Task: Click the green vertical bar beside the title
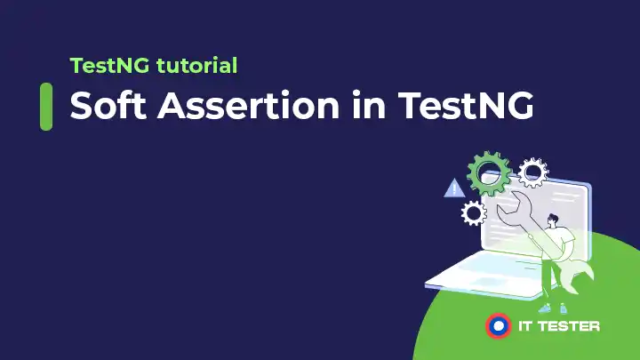(46, 106)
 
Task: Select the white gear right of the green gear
(533, 172)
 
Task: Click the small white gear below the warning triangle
(473, 212)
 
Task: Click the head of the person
(554, 219)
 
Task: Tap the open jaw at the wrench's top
(508, 214)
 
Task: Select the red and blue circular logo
(500, 325)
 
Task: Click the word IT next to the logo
(525, 326)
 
